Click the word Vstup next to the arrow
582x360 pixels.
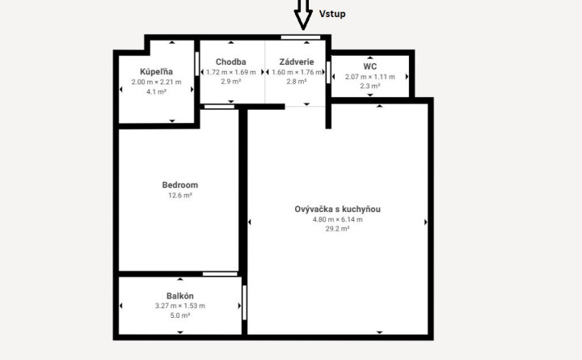click(332, 14)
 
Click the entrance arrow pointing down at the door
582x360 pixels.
click(303, 15)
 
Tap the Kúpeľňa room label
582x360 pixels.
click(156, 72)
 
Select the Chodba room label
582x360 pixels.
click(231, 62)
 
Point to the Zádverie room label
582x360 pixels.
click(297, 62)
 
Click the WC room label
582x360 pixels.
click(370, 66)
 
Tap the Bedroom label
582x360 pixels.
click(180, 185)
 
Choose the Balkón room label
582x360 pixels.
click(180, 296)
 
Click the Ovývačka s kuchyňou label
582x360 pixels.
click(337, 210)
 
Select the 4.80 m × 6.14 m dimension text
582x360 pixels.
click(337, 219)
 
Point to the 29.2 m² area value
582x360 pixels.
click(337, 229)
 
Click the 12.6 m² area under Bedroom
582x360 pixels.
click(180, 195)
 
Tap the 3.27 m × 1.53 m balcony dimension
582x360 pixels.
click(180, 306)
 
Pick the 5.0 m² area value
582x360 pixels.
click(180, 316)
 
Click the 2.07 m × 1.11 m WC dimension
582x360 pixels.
click(370, 77)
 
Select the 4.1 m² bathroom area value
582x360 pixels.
click(156, 91)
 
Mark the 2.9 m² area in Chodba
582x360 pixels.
click(231, 82)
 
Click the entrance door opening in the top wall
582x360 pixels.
click(301, 37)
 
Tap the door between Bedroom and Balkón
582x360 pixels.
click(220, 274)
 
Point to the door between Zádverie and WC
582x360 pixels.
click(328, 73)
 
